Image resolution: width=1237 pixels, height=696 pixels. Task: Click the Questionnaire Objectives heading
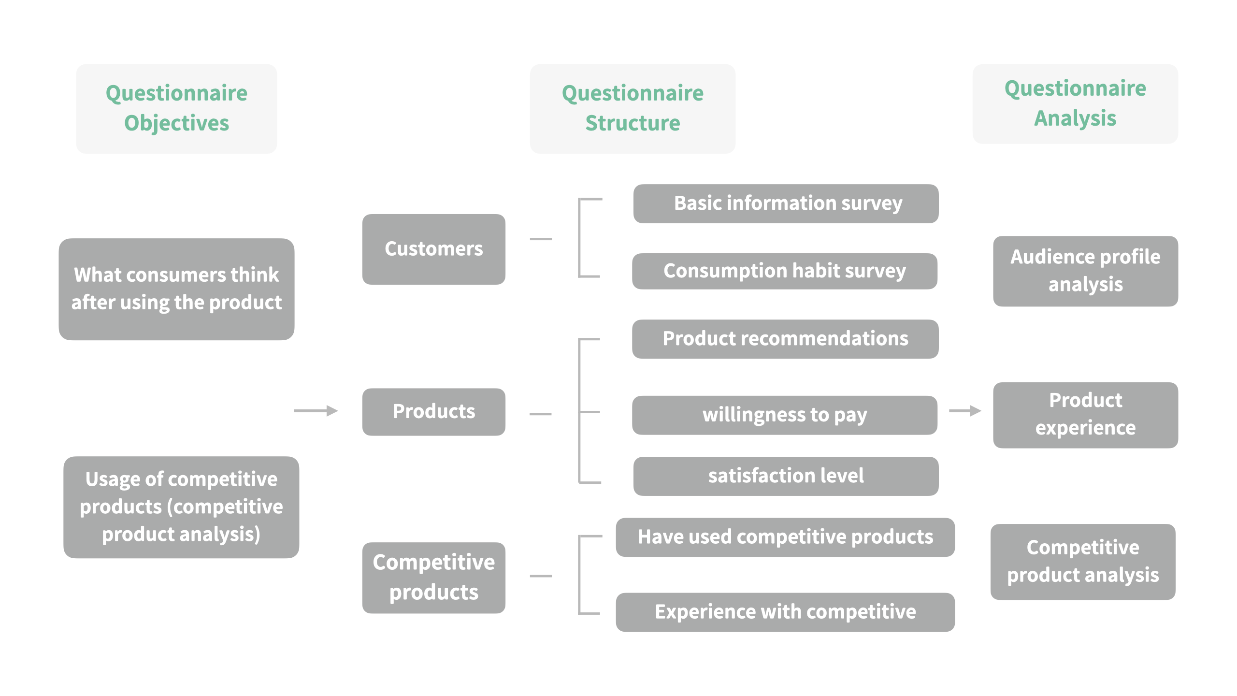[x=176, y=108]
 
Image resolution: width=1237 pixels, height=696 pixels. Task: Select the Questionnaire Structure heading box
[x=633, y=108]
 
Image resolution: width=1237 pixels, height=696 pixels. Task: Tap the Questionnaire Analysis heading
[x=1075, y=103]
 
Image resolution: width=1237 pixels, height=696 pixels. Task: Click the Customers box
[x=433, y=249]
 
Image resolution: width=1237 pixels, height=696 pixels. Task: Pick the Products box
[x=433, y=412]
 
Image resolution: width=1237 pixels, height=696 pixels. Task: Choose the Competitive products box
[x=433, y=578]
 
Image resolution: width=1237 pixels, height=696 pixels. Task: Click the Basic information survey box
[x=786, y=203]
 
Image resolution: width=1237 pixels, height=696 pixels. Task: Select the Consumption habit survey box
[x=784, y=271]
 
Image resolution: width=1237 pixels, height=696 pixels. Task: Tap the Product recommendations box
[x=785, y=339]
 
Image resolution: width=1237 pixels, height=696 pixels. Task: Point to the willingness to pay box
[x=784, y=415]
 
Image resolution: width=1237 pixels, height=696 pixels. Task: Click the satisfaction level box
[x=786, y=476]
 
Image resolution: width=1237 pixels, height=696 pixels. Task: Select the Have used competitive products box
[x=785, y=537]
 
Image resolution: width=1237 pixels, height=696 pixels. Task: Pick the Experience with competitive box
[x=785, y=612]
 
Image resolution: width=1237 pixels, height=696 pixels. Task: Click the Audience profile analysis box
[x=1085, y=271]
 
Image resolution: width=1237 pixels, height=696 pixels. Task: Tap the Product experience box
[x=1085, y=415]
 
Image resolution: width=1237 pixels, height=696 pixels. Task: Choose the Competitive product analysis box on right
[x=1083, y=562]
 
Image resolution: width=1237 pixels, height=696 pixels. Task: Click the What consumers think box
[x=176, y=289]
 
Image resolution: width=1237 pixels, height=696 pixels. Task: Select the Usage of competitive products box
[x=181, y=507]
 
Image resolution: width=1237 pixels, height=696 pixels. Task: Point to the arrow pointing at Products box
[x=316, y=411]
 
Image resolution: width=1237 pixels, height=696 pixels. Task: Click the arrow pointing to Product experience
[x=964, y=411]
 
